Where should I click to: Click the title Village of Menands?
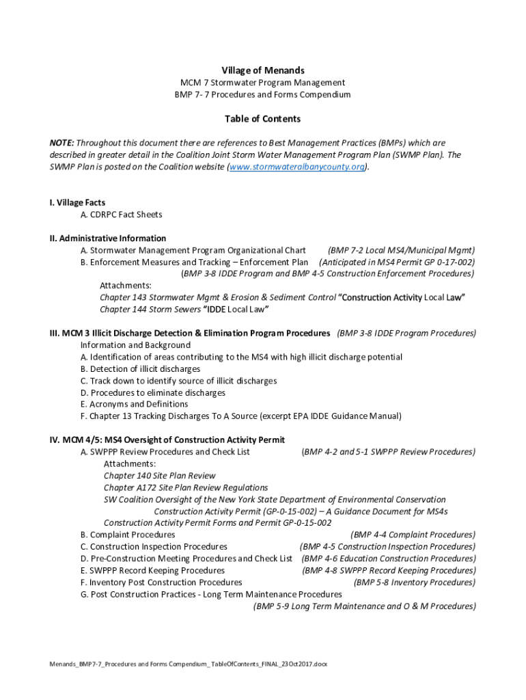[x=262, y=70]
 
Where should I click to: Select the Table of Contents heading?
[x=262, y=119]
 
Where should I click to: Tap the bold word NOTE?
[x=61, y=143]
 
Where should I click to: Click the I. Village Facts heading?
[x=77, y=203]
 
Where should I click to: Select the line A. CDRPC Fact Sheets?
[x=121, y=215]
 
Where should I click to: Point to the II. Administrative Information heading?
[x=107, y=239]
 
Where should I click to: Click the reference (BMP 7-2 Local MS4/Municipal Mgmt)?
[x=401, y=250]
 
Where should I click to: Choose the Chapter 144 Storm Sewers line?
[x=184, y=310]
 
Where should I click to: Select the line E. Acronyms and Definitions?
[x=134, y=404]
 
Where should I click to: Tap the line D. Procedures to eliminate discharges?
[x=152, y=393]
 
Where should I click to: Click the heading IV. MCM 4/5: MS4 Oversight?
[x=167, y=440]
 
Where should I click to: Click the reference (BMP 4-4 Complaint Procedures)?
[x=413, y=535]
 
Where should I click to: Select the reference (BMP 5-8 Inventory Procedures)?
[x=414, y=582]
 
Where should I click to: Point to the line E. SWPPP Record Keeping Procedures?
[x=152, y=570]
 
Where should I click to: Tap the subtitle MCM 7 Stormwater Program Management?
[x=262, y=83]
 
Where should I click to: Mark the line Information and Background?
[x=135, y=345]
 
